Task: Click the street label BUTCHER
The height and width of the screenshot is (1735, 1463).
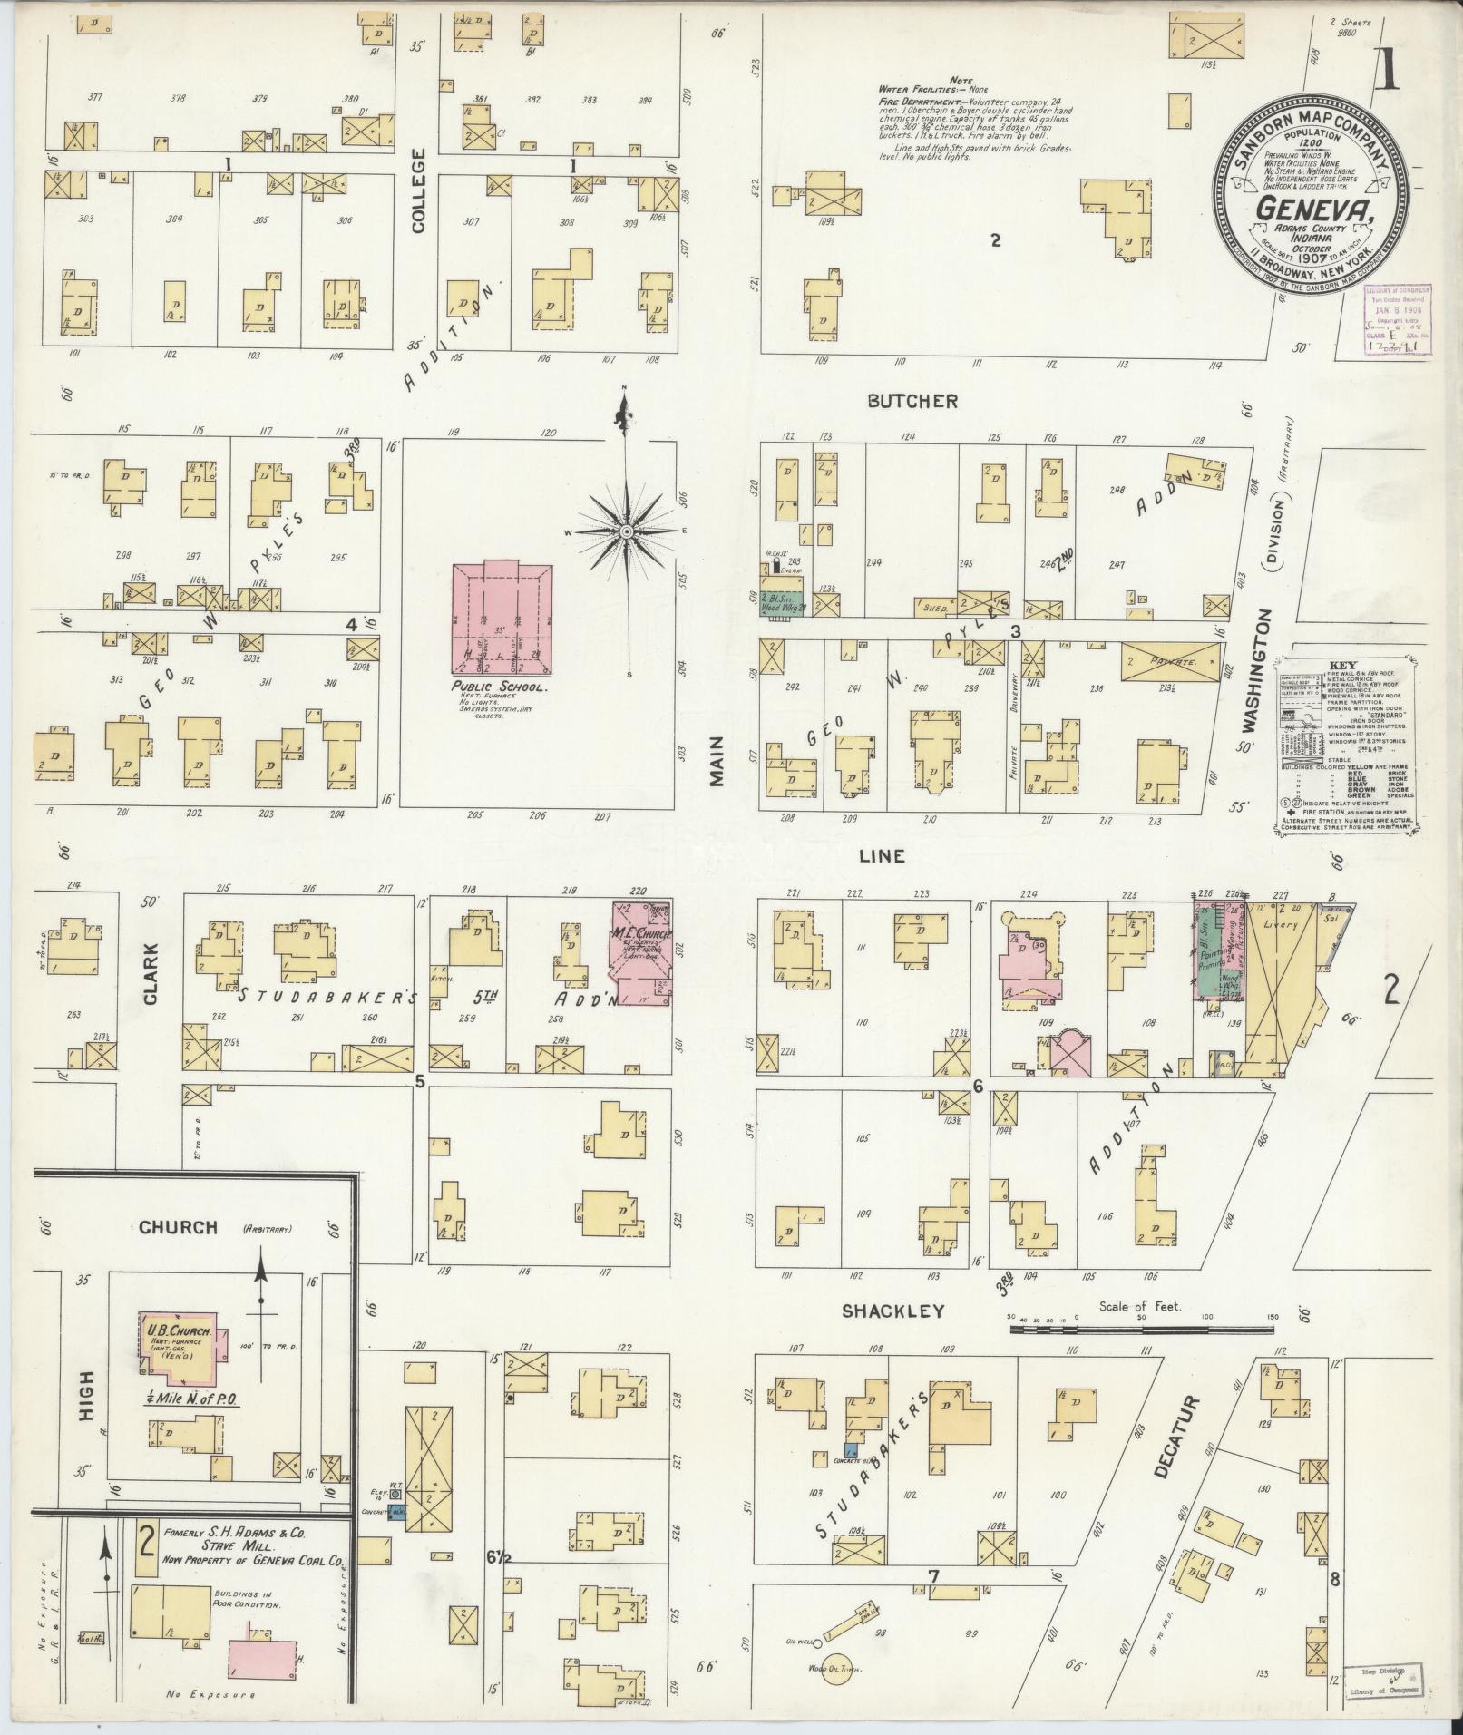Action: [x=912, y=401]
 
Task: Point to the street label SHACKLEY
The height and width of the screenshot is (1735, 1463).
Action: [x=892, y=1311]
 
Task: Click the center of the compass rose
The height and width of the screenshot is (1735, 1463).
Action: [x=626, y=529]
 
